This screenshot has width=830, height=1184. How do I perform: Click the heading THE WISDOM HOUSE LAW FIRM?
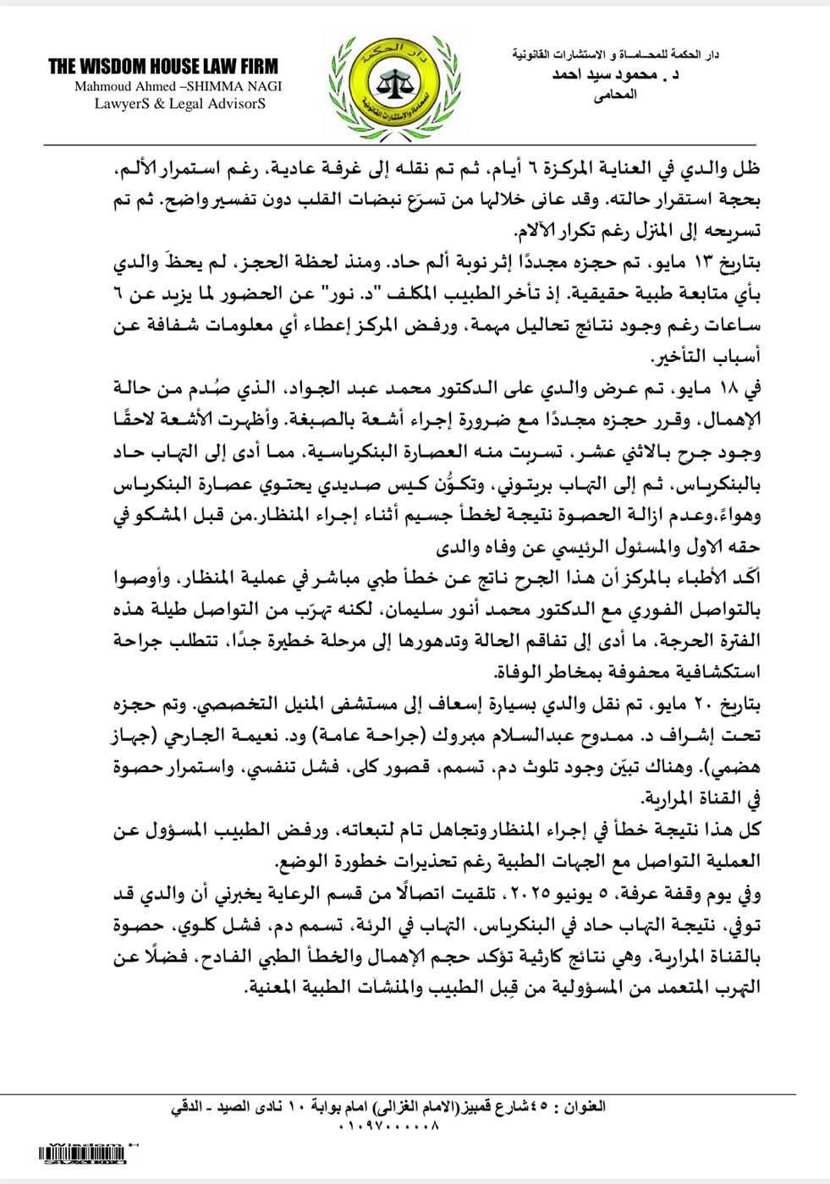point(163,67)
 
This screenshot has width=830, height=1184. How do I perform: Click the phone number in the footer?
point(389,1126)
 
